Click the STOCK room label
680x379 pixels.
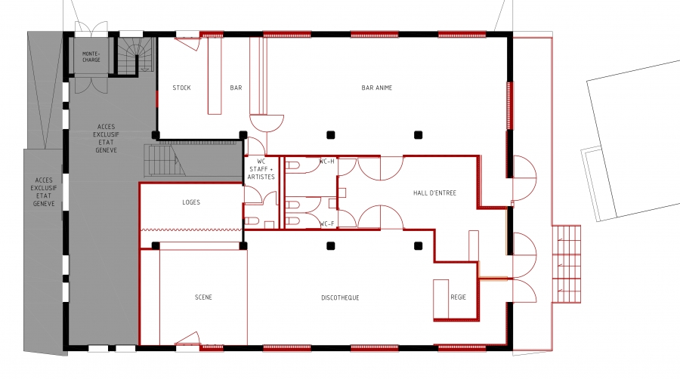click(181, 88)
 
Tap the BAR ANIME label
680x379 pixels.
click(376, 88)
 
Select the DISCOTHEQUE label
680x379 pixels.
click(340, 297)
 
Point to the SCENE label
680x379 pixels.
click(203, 297)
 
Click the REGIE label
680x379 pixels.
click(458, 297)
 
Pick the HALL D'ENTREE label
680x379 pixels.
click(434, 193)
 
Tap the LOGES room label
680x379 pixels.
click(191, 202)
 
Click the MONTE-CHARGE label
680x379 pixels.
click(91, 57)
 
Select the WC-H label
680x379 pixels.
click(326, 162)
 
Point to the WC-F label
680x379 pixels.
click(326, 224)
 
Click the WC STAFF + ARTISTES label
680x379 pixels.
click(261, 169)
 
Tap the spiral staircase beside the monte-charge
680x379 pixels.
click(135, 56)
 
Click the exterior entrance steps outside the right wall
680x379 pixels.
click(567, 263)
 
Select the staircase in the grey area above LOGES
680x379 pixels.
click(165, 161)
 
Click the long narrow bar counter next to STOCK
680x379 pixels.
click(215, 75)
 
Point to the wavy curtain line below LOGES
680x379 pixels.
click(191, 230)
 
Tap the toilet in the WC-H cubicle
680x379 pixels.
click(293, 166)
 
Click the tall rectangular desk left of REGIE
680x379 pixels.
click(441, 299)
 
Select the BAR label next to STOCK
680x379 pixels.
click(236, 88)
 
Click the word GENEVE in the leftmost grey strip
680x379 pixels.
click(44, 204)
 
